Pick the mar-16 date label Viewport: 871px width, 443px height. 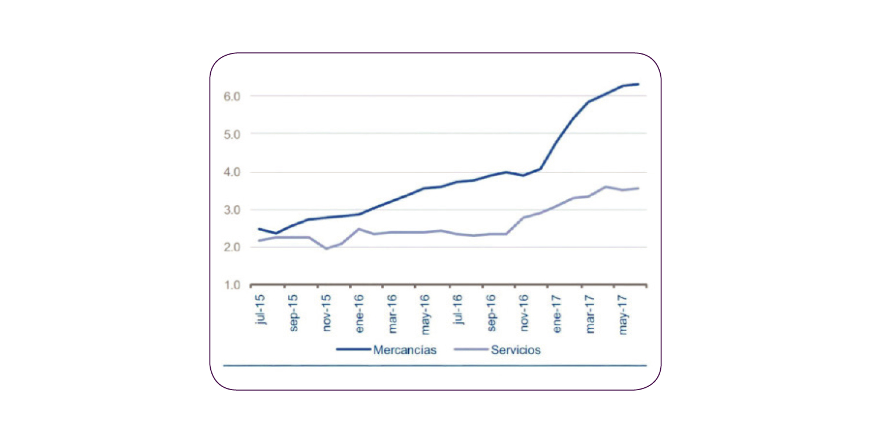pyautogui.click(x=393, y=316)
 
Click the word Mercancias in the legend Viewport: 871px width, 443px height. pyautogui.click(x=405, y=351)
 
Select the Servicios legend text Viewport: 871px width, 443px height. pyautogui.click(x=516, y=351)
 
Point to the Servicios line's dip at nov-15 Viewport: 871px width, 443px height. pyautogui.click(x=326, y=248)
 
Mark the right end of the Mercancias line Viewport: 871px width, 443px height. pyautogui.click(x=638, y=84)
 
